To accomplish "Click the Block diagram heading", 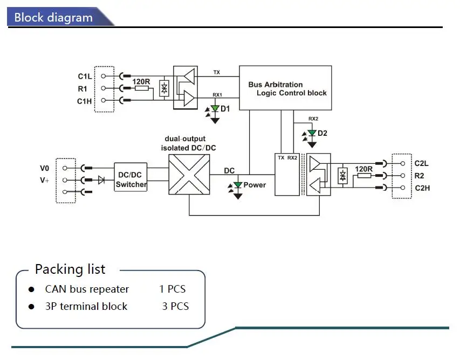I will [x=53, y=17].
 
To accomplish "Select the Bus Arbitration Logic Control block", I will [x=285, y=88].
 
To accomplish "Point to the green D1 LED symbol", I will [x=215, y=109].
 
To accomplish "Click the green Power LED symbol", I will [x=238, y=185].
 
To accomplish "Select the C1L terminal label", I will [x=85, y=76].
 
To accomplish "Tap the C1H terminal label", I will [x=85, y=101].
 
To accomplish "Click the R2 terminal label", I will [x=420, y=175].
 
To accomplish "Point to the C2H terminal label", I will [x=422, y=188].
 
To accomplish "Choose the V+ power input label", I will [x=44, y=181].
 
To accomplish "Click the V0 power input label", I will [x=44, y=168].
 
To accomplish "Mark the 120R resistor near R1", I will [x=141, y=87].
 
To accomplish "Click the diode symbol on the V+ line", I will [x=101, y=180].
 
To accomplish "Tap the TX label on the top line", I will [x=216, y=72].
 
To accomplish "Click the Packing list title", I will [x=70, y=269].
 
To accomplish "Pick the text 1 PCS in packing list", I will [x=172, y=289].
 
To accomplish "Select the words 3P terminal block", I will [x=86, y=307].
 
